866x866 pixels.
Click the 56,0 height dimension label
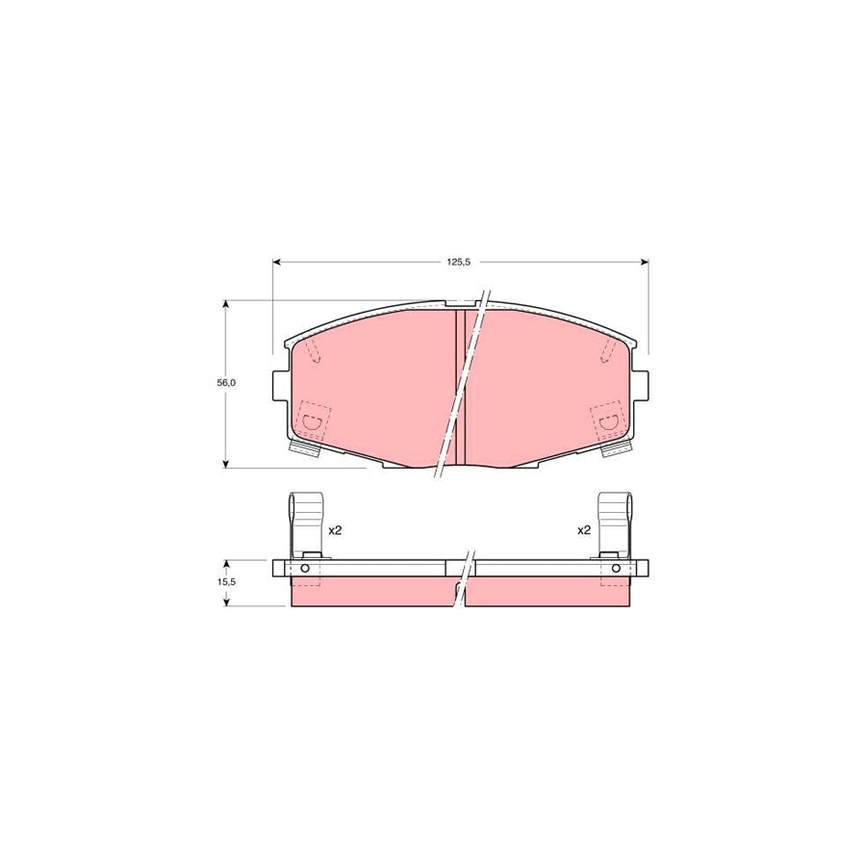pos(226,382)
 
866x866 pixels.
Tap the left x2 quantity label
pos(335,530)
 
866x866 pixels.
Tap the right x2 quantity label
pos(583,530)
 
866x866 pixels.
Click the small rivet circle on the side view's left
pos(306,569)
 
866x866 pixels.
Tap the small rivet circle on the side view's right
pos(615,569)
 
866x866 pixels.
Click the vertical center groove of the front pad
pos(460,385)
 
